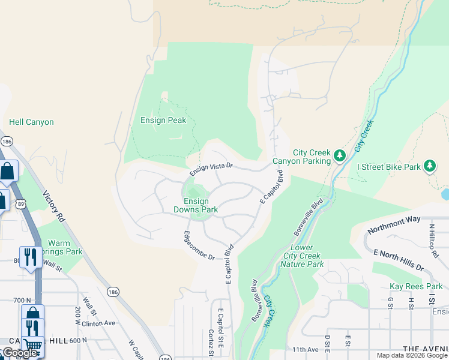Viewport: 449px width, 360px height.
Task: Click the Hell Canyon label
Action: (x=31, y=122)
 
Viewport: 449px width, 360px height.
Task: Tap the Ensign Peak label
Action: (x=163, y=120)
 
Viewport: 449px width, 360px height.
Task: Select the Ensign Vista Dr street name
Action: (x=211, y=167)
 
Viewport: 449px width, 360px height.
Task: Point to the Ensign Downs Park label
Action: (x=196, y=205)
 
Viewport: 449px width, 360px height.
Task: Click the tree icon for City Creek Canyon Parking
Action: (x=340, y=156)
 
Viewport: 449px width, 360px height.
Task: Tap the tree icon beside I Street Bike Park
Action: (x=429, y=165)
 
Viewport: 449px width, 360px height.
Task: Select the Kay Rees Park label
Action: (x=416, y=286)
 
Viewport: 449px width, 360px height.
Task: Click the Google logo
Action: (x=19, y=353)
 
